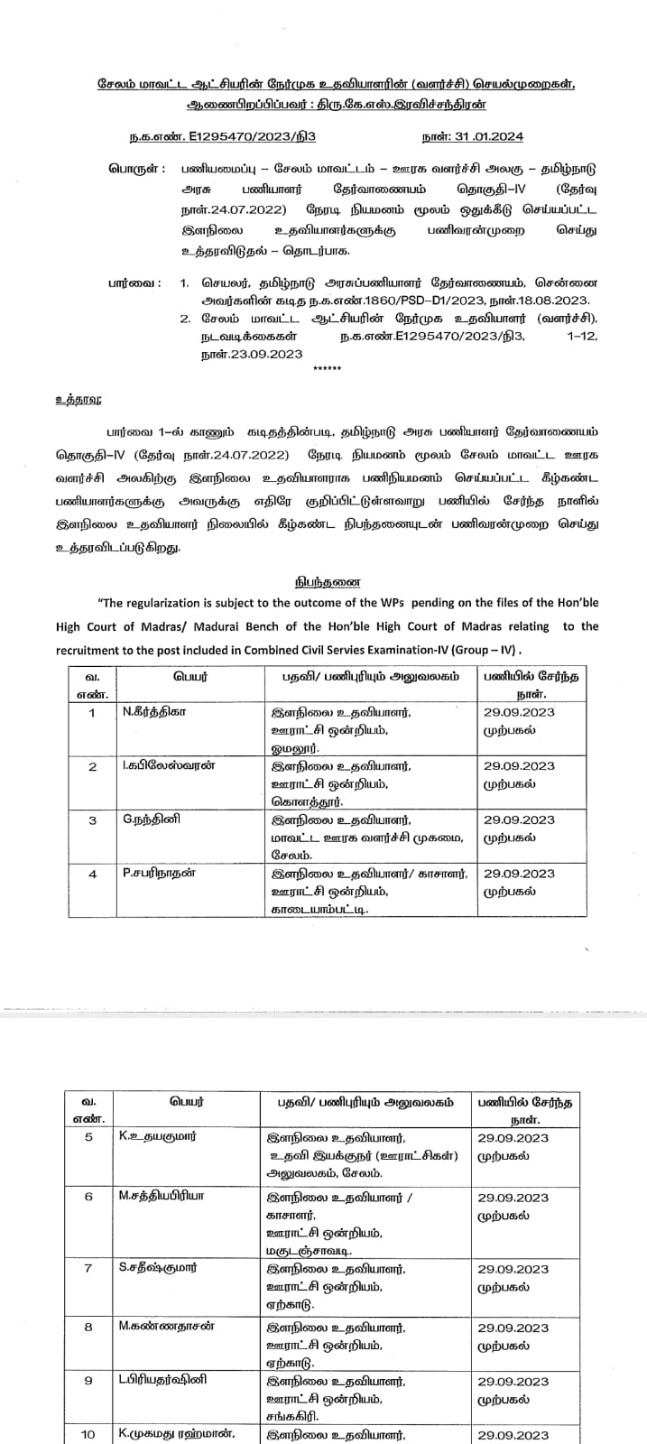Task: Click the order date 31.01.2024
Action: coord(488,137)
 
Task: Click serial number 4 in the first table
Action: coord(92,874)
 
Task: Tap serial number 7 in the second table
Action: coord(88,1267)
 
